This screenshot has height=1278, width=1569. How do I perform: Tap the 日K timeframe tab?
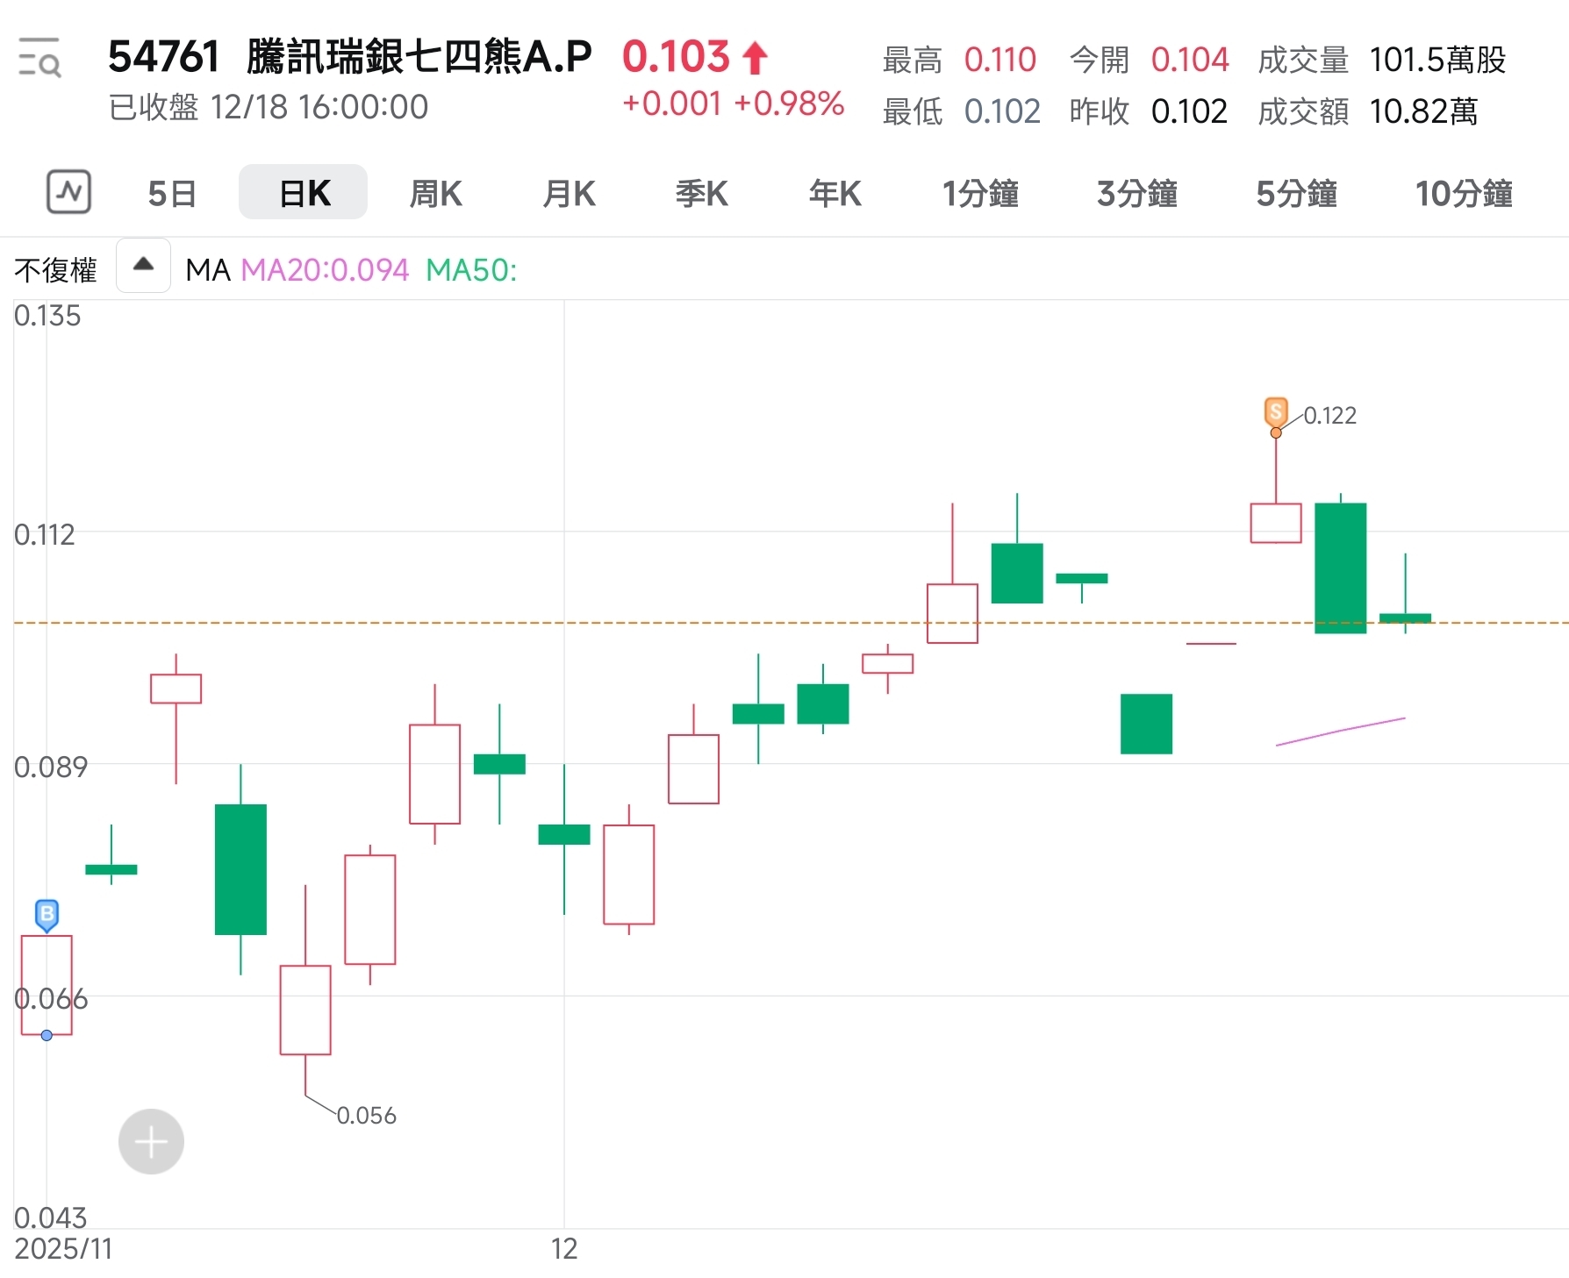click(304, 193)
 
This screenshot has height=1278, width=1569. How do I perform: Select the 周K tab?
click(436, 193)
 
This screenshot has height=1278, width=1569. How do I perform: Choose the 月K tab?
click(569, 193)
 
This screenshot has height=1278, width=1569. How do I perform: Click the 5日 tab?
click(172, 193)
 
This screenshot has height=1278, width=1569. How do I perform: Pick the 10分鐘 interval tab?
click(1463, 193)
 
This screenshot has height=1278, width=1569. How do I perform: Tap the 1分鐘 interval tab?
click(979, 193)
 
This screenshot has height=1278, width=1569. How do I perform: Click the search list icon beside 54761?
click(39, 58)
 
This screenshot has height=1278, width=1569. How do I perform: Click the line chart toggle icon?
click(68, 192)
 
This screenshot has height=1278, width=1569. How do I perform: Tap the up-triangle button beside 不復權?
click(143, 265)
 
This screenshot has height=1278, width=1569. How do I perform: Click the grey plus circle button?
click(151, 1141)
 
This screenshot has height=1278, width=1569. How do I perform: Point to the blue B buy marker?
click(47, 914)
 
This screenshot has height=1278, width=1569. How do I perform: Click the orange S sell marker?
click(1276, 411)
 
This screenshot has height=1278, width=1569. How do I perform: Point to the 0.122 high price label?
click(1329, 416)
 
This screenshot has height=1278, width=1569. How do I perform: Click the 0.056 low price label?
click(366, 1116)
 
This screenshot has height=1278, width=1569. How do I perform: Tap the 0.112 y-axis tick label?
click(45, 534)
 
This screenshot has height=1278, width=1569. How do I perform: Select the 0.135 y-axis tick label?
click(47, 316)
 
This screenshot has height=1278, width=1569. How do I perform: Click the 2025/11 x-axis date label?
click(63, 1248)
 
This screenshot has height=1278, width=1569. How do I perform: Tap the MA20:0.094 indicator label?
click(325, 270)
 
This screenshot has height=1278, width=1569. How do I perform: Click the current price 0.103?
click(676, 57)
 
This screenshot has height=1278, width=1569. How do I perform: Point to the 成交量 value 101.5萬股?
click(1436, 60)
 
